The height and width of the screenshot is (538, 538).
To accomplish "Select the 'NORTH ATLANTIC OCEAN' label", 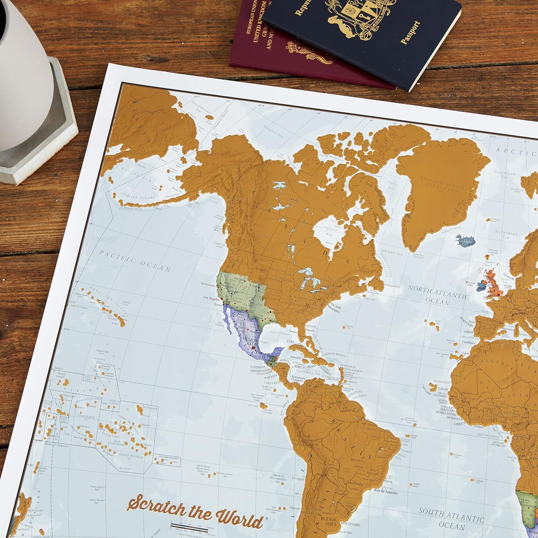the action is (438, 294).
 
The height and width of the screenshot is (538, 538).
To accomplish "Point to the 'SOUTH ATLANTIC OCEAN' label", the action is (451, 518).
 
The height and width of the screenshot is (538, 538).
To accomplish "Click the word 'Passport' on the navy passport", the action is (411, 32).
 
